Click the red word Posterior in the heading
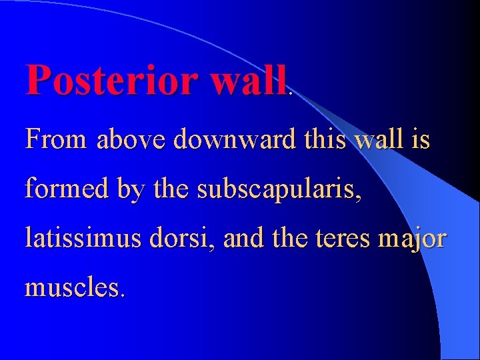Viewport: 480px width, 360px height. coord(111,81)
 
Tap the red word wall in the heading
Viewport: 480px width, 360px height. coord(248,81)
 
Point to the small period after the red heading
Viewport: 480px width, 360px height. coord(290,93)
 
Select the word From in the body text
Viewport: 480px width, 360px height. coord(56,140)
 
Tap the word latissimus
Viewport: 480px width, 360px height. coord(83,238)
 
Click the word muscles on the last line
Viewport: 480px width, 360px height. coord(74,287)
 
